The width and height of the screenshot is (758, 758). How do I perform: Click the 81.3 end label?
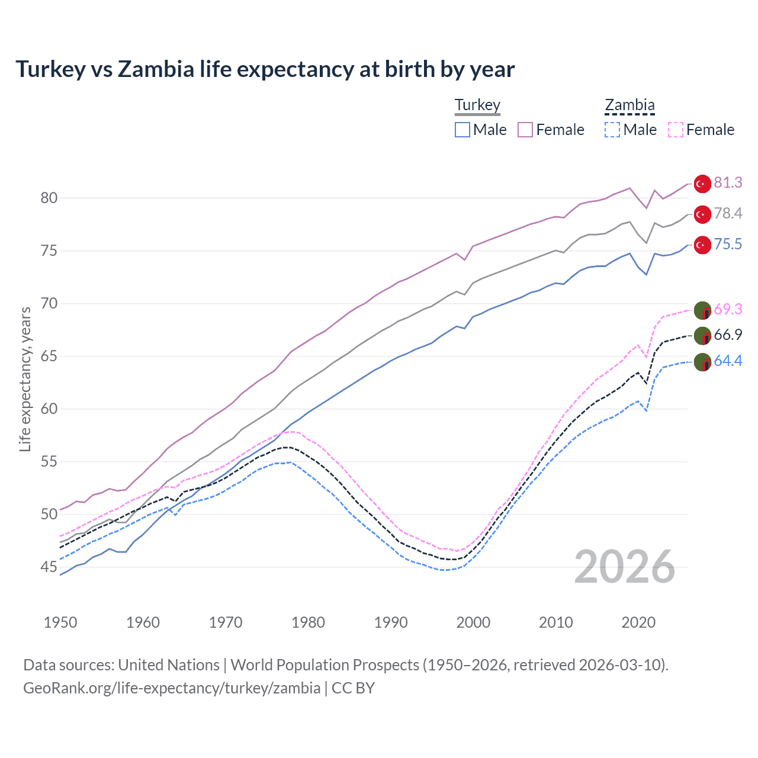coord(728,182)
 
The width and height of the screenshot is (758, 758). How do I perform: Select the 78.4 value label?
coord(728,213)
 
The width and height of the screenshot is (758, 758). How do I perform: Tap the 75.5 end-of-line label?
coord(728,244)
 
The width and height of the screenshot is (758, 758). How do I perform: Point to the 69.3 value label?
coord(728,309)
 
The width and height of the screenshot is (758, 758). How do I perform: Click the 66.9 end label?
coord(728,335)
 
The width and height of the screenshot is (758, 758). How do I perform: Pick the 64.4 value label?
coord(728,361)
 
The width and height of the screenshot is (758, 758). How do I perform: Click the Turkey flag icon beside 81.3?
coord(702,184)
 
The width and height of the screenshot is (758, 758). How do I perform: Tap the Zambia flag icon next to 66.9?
coord(702,336)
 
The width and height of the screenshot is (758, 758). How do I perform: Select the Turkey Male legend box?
coord(462,130)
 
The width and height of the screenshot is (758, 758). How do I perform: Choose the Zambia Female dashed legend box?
coord(676,130)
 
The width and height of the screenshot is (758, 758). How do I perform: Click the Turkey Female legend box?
coord(525,130)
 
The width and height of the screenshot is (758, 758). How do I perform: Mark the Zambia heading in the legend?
coord(629,105)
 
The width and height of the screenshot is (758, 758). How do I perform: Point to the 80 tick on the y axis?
coord(49,198)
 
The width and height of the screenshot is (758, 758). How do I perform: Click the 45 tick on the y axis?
coord(49,567)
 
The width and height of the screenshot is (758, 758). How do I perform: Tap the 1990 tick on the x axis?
coord(391,622)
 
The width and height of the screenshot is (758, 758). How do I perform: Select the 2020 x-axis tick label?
coord(638,622)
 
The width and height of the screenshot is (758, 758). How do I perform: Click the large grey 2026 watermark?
coord(625,567)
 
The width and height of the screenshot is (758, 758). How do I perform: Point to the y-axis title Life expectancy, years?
coord(25,379)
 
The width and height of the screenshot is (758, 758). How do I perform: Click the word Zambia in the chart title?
coord(156,69)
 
